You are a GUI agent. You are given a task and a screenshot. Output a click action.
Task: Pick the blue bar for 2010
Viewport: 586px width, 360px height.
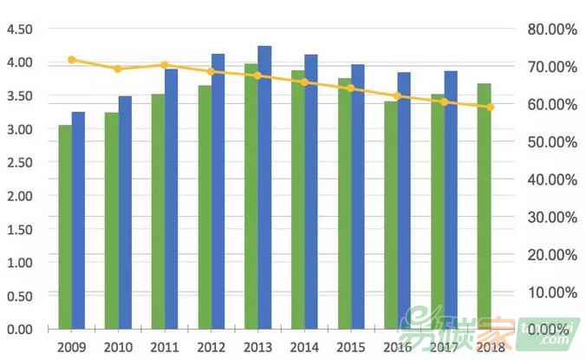[x=125, y=213]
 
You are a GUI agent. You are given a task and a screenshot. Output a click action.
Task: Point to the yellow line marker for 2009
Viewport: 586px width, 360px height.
[x=72, y=60]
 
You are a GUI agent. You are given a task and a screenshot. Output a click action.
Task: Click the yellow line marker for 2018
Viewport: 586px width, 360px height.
[x=490, y=107]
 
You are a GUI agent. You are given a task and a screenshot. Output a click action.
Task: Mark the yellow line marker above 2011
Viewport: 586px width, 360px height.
[x=165, y=65]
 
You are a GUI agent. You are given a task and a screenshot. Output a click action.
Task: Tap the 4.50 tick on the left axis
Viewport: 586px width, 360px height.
[x=19, y=29]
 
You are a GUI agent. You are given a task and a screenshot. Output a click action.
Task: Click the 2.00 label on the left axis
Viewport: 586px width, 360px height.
[x=19, y=196]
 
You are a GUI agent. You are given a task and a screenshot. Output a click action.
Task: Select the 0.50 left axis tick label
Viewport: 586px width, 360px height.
[x=19, y=296]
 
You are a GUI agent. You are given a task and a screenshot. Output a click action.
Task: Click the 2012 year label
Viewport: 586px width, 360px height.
[x=212, y=346]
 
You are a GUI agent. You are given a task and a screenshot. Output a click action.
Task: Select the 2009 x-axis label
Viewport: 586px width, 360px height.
[x=72, y=346]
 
